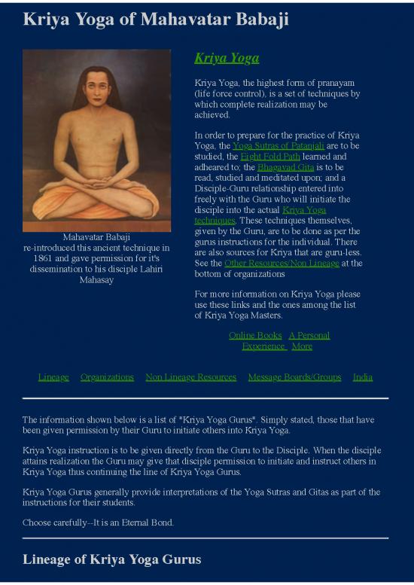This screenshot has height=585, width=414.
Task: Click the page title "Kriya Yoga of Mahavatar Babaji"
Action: click(x=156, y=19)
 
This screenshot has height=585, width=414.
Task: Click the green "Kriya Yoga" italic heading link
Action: click(x=227, y=58)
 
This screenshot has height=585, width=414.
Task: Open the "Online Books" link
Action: click(x=255, y=335)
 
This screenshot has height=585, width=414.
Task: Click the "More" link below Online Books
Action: click(x=302, y=346)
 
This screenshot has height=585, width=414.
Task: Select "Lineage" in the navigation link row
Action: click(x=53, y=377)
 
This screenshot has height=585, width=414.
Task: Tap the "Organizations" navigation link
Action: click(x=107, y=377)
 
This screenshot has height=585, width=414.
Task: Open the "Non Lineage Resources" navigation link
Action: click(x=190, y=377)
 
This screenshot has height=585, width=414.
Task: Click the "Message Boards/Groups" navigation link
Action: click(x=294, y=377)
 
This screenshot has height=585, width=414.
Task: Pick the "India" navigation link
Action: click(x=363, y=377)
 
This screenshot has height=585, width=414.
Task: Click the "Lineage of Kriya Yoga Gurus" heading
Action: click(x=112, y=559)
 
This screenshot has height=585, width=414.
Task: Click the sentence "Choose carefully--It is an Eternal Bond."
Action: click(x=98, y=523)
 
